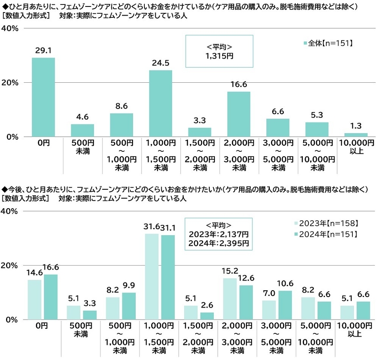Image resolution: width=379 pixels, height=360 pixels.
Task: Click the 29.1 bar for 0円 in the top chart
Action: (43, 97)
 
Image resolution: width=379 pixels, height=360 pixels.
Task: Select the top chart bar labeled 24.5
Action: (160, 103)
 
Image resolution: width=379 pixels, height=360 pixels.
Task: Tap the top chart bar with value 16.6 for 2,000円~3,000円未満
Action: (239, 114)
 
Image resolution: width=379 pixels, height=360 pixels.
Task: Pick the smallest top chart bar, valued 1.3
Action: (356, 134)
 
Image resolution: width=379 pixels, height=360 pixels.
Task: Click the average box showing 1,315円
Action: (219, 51)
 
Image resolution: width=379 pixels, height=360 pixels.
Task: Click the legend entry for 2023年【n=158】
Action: (327, 223)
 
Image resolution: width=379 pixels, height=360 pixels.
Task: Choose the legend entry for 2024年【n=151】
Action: (327, 234)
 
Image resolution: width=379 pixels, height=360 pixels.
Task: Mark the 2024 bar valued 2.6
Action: (207, 316)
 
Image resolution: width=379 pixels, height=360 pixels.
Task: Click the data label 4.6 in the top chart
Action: (82, 117)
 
